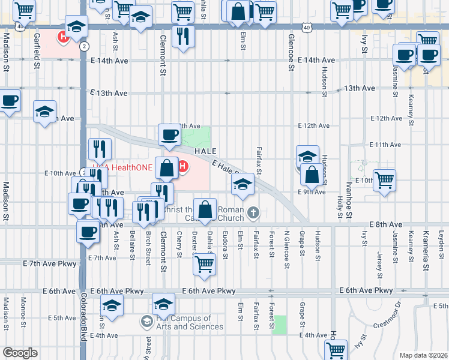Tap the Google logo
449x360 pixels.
[x=20, y=353]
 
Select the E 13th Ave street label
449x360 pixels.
[x=109, y=93]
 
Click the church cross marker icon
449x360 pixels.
[x=254, y=212]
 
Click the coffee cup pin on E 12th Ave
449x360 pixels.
[x=169, y=135]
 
